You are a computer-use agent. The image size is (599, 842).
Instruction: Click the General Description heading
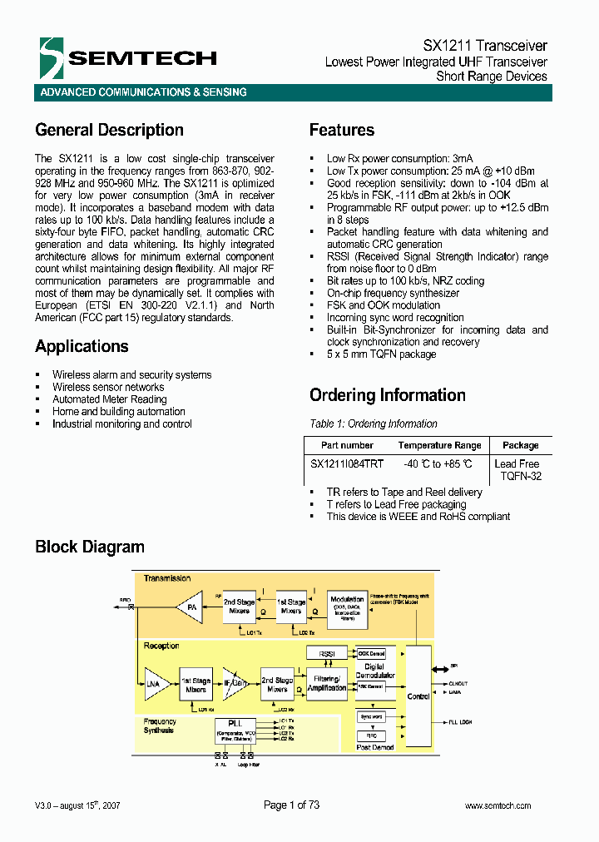click(109, 130)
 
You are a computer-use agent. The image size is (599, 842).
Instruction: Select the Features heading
click(341, 130)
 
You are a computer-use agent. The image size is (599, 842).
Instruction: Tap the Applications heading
click(82, 346)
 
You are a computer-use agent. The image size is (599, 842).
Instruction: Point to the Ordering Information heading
click(387, 395)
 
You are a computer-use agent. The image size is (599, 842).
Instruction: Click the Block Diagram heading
click(90, 547)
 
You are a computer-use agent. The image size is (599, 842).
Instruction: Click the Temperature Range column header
click(439, 446)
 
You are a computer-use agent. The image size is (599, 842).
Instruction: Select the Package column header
click(520, 446)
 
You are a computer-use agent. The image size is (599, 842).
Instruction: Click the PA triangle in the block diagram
click(191, 607)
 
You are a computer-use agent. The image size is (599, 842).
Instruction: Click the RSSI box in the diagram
click(326, 654)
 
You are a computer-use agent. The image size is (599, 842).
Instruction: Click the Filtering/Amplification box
click(326, 684)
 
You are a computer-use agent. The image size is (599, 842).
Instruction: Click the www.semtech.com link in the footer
click(498, 805)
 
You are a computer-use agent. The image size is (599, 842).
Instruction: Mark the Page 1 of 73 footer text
click(291, 805)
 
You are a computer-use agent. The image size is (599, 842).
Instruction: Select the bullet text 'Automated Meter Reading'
click(109, 399)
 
